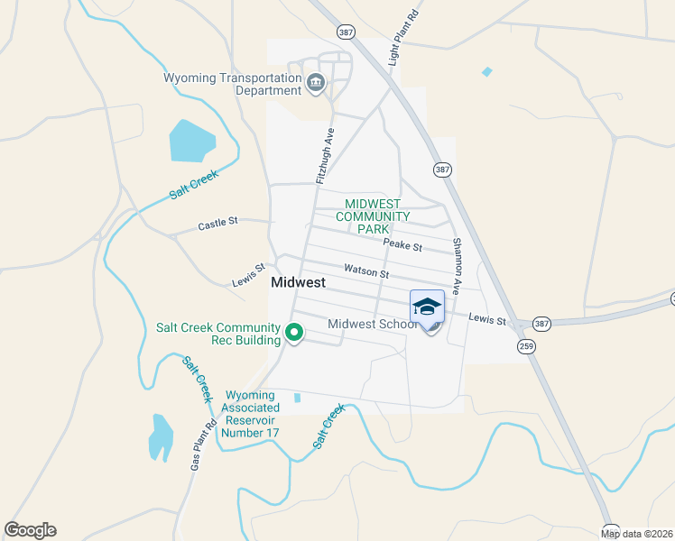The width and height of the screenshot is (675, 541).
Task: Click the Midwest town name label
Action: (x=298, y=282)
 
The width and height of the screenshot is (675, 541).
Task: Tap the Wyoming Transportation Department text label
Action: (x=232, y=84)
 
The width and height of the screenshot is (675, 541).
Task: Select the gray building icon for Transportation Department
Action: (x=316, y=84)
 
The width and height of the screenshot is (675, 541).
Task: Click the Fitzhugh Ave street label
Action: (x=325, y=156)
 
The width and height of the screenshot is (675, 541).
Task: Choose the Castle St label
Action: (x=217, y=223)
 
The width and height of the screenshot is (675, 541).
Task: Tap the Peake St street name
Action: (x=402, y=245)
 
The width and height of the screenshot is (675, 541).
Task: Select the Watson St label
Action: (x=365, y=270)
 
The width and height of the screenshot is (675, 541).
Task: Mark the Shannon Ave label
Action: (x=458, y=266)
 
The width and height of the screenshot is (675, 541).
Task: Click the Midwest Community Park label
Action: (x=373, y=216)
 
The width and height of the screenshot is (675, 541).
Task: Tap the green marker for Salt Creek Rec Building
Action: (x=294, y=334)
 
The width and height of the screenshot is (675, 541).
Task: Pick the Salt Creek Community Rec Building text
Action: (x=218, y=334)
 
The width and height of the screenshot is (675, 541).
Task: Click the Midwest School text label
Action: (x=373, y=324)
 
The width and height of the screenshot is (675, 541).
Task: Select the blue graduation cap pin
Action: (x=428, y=308)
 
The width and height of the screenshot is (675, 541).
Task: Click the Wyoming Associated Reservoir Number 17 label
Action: (x=250, y=414)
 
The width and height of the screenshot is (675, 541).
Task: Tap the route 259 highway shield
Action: (x=526, y=345)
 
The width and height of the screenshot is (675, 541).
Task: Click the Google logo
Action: (x=30, y=530)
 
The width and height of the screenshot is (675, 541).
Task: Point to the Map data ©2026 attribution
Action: (x=637, y=534)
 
